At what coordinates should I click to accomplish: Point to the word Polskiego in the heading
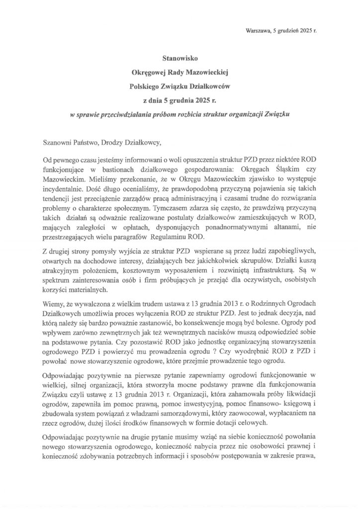145,85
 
